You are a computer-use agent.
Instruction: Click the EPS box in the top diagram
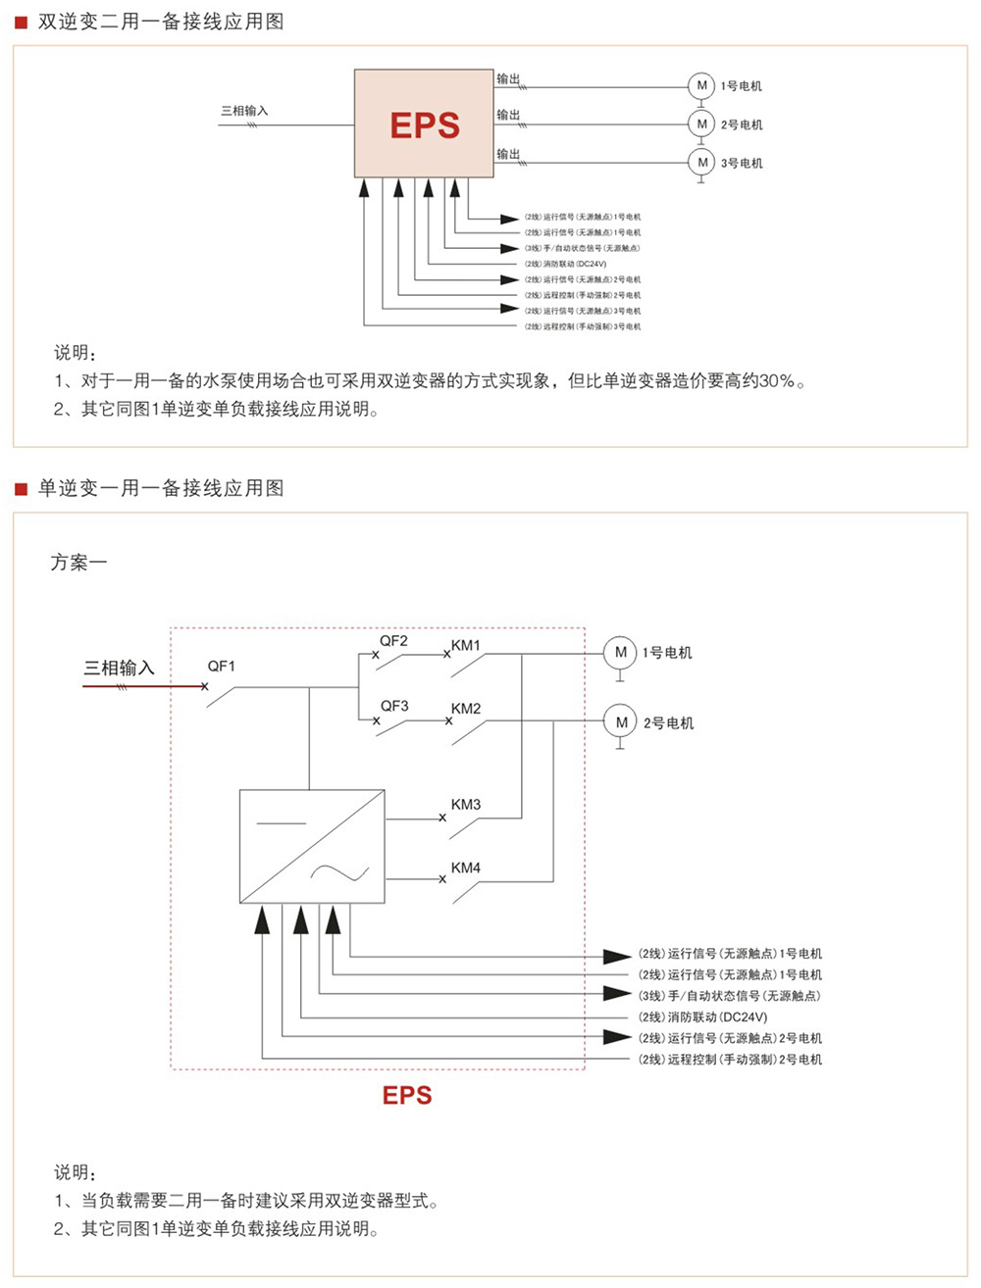click(424, 124)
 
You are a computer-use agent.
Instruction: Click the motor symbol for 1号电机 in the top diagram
click(701, 86)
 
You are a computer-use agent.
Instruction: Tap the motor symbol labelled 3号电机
click(701, 163)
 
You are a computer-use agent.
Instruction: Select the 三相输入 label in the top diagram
click(244, 111)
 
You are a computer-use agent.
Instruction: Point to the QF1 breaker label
click(222, 667)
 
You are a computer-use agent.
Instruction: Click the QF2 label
click(393, 641)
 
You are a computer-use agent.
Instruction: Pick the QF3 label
click(394, 706)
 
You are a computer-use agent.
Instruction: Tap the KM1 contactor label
click(466, 646)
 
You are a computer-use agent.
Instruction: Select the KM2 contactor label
click(466, 709)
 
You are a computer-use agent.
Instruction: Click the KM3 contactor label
click(466, 805)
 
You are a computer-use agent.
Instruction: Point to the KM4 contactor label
click(466, 867)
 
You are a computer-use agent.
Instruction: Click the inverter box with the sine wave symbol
click(312, 846)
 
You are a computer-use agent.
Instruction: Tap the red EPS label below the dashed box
click(407, 1095)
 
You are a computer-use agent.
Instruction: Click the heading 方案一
click(78, 563)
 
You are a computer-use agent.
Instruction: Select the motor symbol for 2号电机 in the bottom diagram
click(620, 722)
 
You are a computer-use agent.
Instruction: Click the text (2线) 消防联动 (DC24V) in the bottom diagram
click(703, 1017)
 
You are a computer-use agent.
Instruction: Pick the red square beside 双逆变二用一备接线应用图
click(21, 23)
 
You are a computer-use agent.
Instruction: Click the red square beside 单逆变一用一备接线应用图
click(21, 488)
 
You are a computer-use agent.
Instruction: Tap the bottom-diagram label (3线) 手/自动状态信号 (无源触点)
click(730, 996)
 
